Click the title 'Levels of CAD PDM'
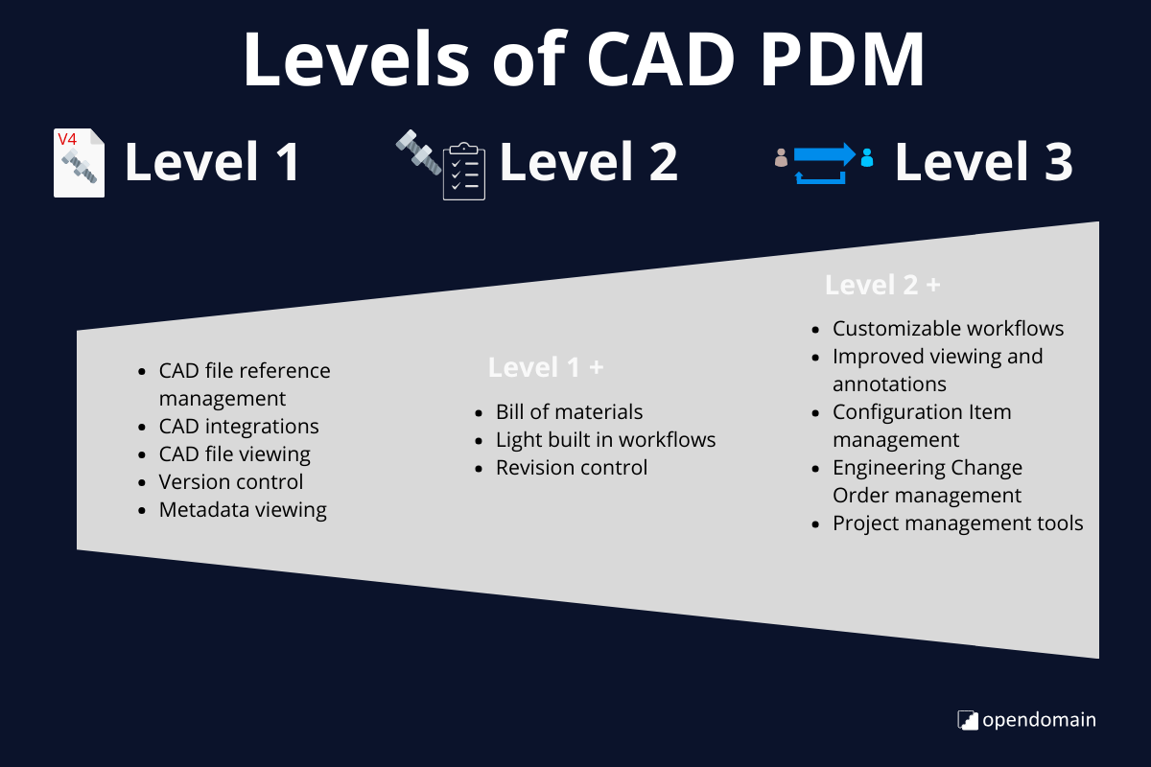coord(583,59)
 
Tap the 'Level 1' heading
coord(212,162)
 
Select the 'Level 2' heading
coord(588,162)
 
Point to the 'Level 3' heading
coord(983,162)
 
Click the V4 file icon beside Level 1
coord(79,163)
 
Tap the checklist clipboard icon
coord(463,172)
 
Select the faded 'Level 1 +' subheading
coord(546,367)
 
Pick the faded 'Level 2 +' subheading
coord(882,285)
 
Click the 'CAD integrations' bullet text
coord(239,426)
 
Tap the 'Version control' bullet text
coord(231,481)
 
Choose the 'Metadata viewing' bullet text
coord(243,509)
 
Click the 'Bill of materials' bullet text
coord(569,411)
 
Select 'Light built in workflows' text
coord(605,439)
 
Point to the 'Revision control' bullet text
coord(572,467)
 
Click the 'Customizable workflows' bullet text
coord(948,328)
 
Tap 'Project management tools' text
coord(957,523)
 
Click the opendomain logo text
coord(1039,719)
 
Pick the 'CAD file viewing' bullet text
coord(235,453)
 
